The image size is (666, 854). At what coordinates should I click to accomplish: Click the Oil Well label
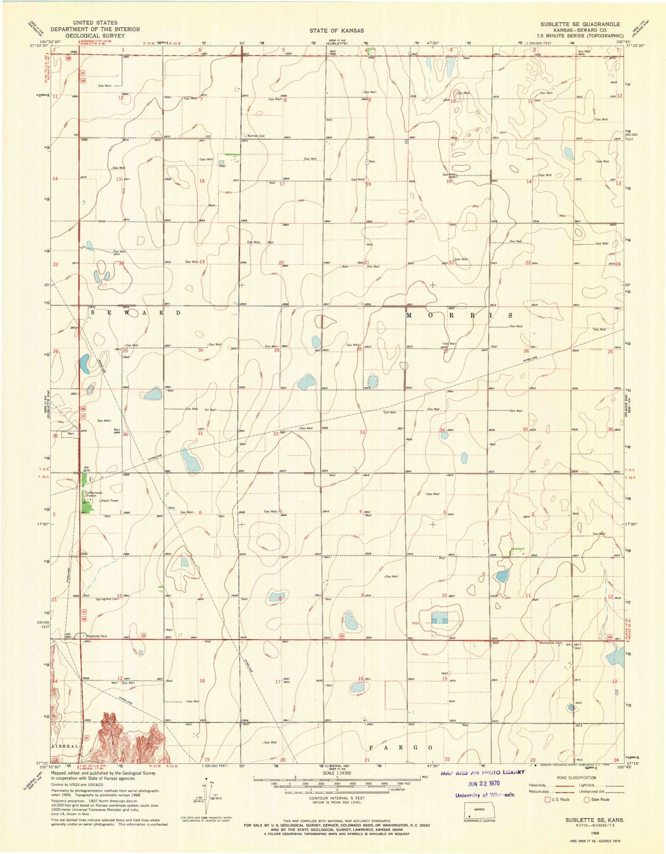210,410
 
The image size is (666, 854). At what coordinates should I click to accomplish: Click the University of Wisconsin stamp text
484,795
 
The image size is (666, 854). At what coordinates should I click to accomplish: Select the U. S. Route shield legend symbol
548,799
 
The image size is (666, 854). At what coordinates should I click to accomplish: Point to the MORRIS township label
459,316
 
